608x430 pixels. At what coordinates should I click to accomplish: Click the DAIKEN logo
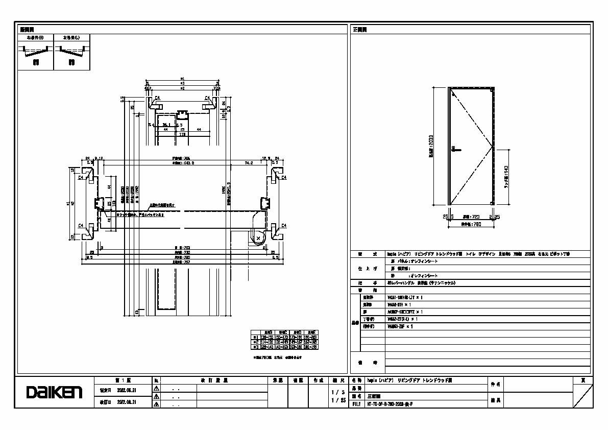tap(54, 392)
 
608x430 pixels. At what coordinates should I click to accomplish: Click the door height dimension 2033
tap(431, 146)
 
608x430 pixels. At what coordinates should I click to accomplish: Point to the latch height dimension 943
tap(506, 177)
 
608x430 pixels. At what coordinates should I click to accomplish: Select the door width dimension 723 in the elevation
tap(470, 217)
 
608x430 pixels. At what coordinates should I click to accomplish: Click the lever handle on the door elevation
tap(456, 150)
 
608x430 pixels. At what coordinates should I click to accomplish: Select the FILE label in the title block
tap(357, 403)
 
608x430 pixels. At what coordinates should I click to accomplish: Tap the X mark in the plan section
tap(258, 238)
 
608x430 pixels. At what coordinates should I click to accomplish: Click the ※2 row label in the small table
tap(255, 342)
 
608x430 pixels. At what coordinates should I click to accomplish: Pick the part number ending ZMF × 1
tap(400, 326)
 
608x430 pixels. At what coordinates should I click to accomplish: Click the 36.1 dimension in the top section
tap(166, 124)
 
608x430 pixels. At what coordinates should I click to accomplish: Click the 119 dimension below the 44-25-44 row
tap(182, 135)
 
